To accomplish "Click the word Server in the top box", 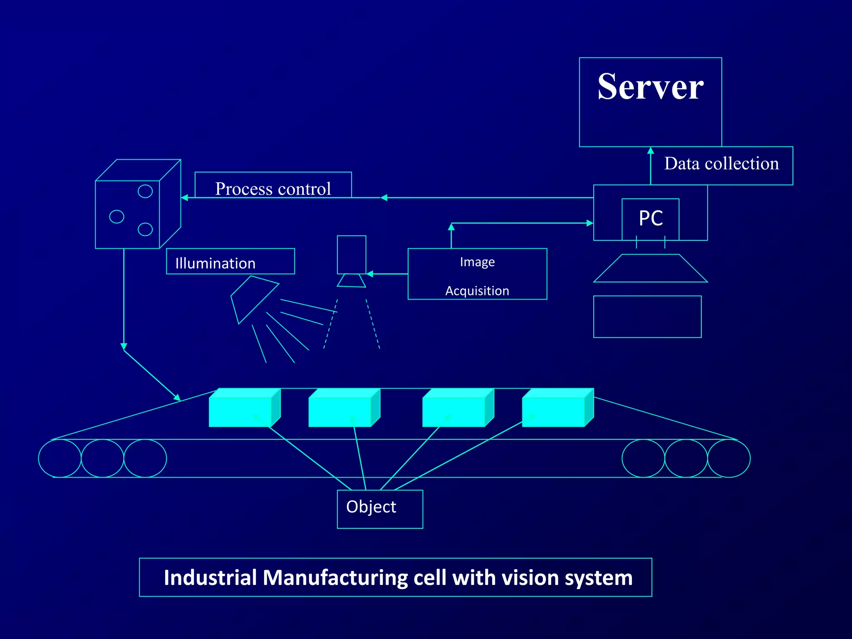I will (650, 87).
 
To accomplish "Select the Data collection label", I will (721, 164).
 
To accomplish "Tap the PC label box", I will (651, 218).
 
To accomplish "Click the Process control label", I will (273, 188).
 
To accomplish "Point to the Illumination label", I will (215, 263).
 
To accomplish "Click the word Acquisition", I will (477, 290).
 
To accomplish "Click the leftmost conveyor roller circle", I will (60, 458).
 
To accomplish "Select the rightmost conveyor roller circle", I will (729, 458).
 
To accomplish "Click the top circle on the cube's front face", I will (145, 191).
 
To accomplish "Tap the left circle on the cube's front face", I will (116, 217).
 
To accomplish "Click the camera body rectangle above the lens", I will (352, 254).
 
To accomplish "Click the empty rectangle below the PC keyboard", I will (647, 317).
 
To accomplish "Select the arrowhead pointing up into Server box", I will (651, 151).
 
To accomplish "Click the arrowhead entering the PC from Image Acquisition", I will (589, 223).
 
